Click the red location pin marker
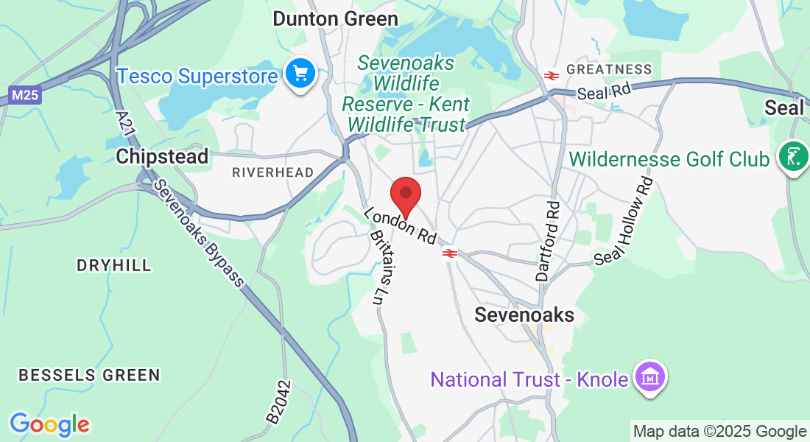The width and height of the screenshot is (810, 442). click(x=405, y=195)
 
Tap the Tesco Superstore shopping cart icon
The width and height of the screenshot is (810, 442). click(x=300, y=74)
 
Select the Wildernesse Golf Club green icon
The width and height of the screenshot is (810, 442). click(x=792, y=157)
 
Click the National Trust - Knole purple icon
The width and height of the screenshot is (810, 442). click(x=651, y=378)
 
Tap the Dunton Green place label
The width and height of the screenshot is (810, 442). click(x=335, y=18)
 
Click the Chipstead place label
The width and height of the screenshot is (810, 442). click(x=162, y=156)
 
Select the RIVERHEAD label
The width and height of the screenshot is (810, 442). click(x=272, y=172)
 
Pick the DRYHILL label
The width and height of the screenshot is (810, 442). click(x=114, y=265)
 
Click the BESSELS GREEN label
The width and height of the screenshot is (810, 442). click(x=89, y=375)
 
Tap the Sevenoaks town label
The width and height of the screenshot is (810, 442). click(x=524, y=315)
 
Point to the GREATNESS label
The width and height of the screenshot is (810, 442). click(x=609, y=70)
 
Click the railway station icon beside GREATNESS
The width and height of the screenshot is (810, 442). click(x=550, y=75)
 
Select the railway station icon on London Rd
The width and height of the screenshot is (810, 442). click(x=451, y=253)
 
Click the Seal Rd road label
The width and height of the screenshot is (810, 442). click(x=605, y=92)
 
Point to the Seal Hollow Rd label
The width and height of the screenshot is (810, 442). click(x=624, y=220)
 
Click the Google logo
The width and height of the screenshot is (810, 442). click(x=49, y=424)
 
